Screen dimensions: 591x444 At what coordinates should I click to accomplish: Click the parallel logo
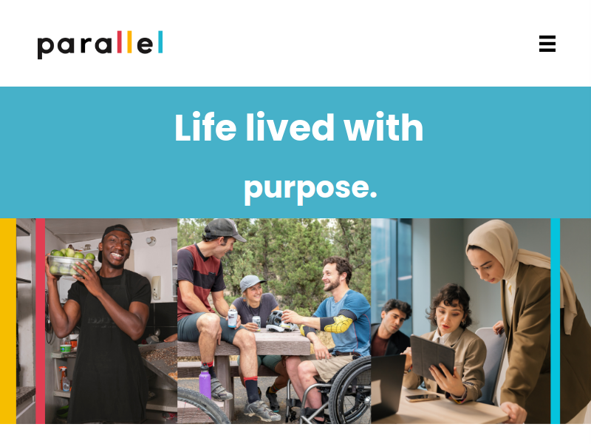pyautogui.click(x=100, y=44)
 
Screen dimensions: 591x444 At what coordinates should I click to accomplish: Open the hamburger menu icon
pyautogui.click(x=547, y=44)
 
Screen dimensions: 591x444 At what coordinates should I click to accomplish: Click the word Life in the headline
pyautogui.click(x=205, y=127)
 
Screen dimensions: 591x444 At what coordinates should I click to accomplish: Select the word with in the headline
pyautogui.click(x=383, y=127)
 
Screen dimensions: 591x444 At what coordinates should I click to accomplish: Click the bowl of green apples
pyautogui.click(x=70, y=261)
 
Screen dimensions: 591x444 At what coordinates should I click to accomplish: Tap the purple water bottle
pyautogui.click(x=205, y=383)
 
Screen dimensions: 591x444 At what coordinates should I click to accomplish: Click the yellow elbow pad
pyautogui.click(x=338, y=324)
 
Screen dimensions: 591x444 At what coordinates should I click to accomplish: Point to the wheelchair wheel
pyautogui.click(x=349, y=391)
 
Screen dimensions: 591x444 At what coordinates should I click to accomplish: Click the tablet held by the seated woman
pyautogui.click(x=432, y=357)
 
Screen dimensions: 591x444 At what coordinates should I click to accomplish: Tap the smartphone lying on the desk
pyautogui.click(x=422, y=397)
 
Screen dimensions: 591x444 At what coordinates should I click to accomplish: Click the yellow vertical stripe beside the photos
pyautogui.click(x=8, y=321)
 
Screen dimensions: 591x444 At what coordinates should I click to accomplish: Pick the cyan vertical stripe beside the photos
pyautogui.click(x=556, y=321)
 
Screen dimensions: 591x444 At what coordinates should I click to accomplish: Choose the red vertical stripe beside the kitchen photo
pyautogui.click(x=41, y=321)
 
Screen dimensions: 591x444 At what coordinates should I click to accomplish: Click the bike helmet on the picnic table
pyautogui.click(x=280, y=321)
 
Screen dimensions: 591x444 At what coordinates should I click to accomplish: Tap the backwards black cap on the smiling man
pyautogui.click(x=115, y=236)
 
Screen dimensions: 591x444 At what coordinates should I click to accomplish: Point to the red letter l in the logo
pyautogui.click(x=120, y=41)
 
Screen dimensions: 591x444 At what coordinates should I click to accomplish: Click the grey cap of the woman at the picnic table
pyautogui.click(x=251, y=282)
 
